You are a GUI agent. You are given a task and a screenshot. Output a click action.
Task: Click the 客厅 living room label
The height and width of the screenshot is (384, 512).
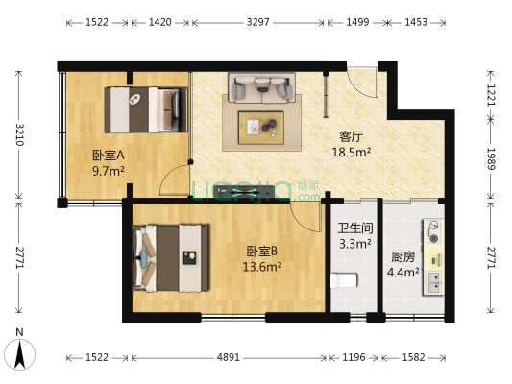point(351,136)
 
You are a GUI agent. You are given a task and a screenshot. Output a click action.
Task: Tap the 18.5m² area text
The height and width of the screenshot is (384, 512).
point(351,152)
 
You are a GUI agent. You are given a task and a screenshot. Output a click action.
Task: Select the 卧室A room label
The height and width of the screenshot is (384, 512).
point(108,156)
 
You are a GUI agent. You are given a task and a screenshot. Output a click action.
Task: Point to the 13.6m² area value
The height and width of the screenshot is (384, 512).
point(261,268)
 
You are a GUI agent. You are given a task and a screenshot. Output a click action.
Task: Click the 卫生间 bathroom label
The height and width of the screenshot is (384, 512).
point(354,229)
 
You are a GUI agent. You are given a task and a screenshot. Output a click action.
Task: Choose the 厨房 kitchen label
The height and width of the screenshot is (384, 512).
point(402,256)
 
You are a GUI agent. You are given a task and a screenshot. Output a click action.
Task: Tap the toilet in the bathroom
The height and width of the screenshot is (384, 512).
point(343,279)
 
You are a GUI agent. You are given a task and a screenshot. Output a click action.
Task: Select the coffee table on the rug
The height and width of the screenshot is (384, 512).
point(259,125)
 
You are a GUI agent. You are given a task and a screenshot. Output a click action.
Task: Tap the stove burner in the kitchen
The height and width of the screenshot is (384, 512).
point(434,233)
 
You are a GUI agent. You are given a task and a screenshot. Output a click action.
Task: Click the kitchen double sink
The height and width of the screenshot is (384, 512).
point(434,281)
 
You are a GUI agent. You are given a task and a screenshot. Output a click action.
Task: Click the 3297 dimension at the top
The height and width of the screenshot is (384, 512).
point(257,21)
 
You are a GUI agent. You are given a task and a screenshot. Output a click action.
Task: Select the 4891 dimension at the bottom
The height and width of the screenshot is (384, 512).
point(229,358)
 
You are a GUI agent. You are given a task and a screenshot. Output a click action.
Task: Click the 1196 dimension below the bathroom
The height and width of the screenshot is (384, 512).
point(354,358)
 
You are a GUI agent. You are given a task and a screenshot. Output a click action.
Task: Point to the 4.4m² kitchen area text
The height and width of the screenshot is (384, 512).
point(402,272)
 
